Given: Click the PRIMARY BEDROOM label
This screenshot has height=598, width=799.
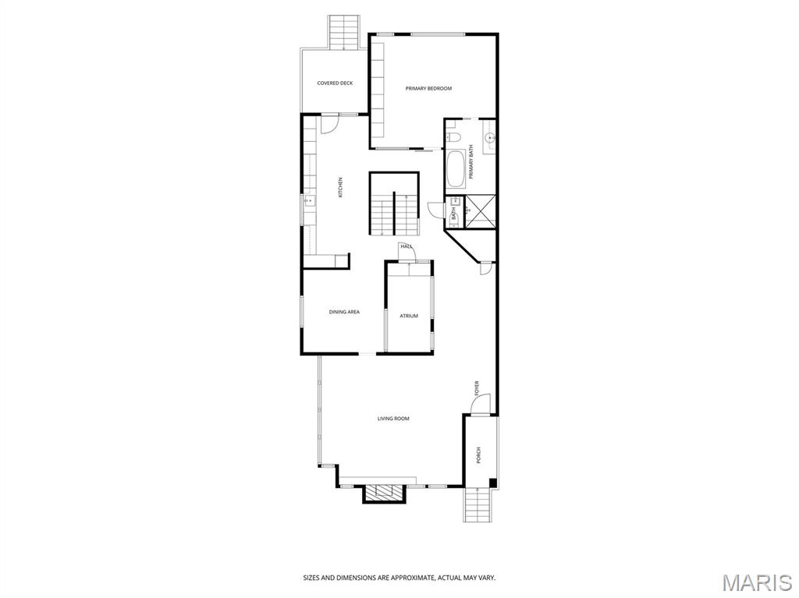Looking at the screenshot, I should [428, 89].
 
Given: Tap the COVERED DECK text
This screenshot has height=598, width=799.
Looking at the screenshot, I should [335, 83].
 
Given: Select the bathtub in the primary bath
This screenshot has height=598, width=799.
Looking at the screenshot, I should [456, 168].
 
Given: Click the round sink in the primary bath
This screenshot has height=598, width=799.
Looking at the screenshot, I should [489, 139].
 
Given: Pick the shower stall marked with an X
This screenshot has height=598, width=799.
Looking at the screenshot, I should [480, 211].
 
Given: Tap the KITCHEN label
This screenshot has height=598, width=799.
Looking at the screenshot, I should [340, 187].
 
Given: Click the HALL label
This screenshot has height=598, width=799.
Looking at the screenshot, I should [406, 246].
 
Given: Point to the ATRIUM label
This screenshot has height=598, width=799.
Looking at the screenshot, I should [409, 316].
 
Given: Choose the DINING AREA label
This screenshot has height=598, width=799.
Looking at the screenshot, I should [343, 312].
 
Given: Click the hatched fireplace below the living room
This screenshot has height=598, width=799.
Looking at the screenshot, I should [384, 492].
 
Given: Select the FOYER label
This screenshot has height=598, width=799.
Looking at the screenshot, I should [477, 387].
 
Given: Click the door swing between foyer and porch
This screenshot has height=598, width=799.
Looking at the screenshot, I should [481, 405].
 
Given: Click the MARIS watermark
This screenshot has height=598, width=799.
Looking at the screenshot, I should [757, 582].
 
